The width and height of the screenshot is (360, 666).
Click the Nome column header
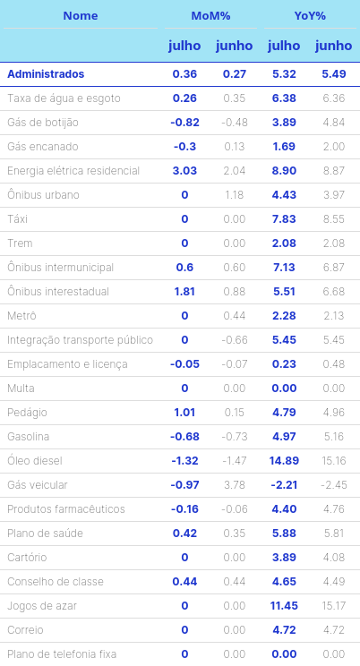81,16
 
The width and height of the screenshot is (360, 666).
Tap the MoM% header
210,16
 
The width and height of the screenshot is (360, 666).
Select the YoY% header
310,16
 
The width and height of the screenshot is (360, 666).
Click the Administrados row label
46,74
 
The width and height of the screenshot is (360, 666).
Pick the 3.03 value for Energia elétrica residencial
184,171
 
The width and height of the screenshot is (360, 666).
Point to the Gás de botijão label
42,123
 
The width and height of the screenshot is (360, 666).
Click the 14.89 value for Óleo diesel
284,461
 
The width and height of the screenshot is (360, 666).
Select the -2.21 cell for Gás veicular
284,485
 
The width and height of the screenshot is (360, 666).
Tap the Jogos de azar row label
42,606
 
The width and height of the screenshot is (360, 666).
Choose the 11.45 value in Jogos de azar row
284,606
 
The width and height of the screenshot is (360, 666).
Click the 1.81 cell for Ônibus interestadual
184,292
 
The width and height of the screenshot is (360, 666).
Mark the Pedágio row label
27,413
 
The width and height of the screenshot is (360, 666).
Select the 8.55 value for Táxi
334,219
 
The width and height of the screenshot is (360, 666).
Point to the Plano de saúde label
45,534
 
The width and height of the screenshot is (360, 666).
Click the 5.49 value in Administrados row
334,74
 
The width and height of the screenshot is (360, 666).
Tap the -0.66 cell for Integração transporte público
235,340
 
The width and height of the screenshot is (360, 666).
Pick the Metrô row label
21,316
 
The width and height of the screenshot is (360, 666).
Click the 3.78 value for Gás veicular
235,485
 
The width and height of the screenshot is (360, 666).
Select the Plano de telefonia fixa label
62,654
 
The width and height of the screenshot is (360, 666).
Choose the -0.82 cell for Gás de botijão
184,123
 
